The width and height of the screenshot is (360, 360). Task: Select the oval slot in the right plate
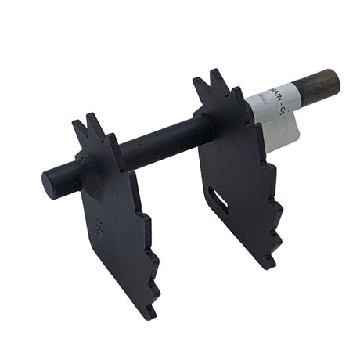(220, 199)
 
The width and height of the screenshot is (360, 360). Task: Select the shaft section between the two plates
(157, 141)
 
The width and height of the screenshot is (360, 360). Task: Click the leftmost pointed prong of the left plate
(77, 124)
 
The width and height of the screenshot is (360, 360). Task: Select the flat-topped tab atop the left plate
(113, 141)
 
